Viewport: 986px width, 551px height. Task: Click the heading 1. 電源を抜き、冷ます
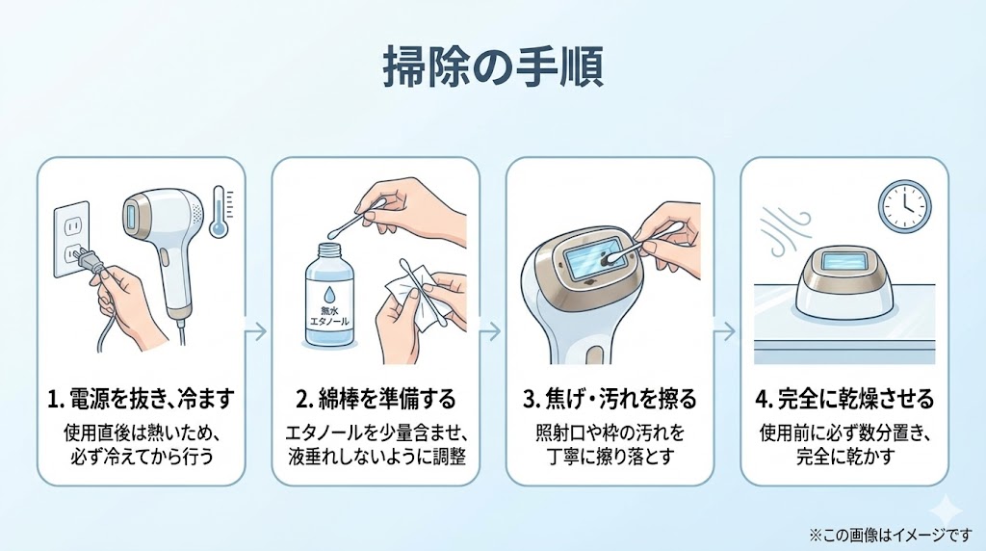click(141, 398)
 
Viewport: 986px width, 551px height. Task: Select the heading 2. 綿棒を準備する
click(376, 398)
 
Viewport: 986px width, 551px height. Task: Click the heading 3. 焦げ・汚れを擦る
click(610, 398)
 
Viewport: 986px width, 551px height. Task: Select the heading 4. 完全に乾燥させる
click(844, 398)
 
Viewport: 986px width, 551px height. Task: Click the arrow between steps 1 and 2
click(257, 330)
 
